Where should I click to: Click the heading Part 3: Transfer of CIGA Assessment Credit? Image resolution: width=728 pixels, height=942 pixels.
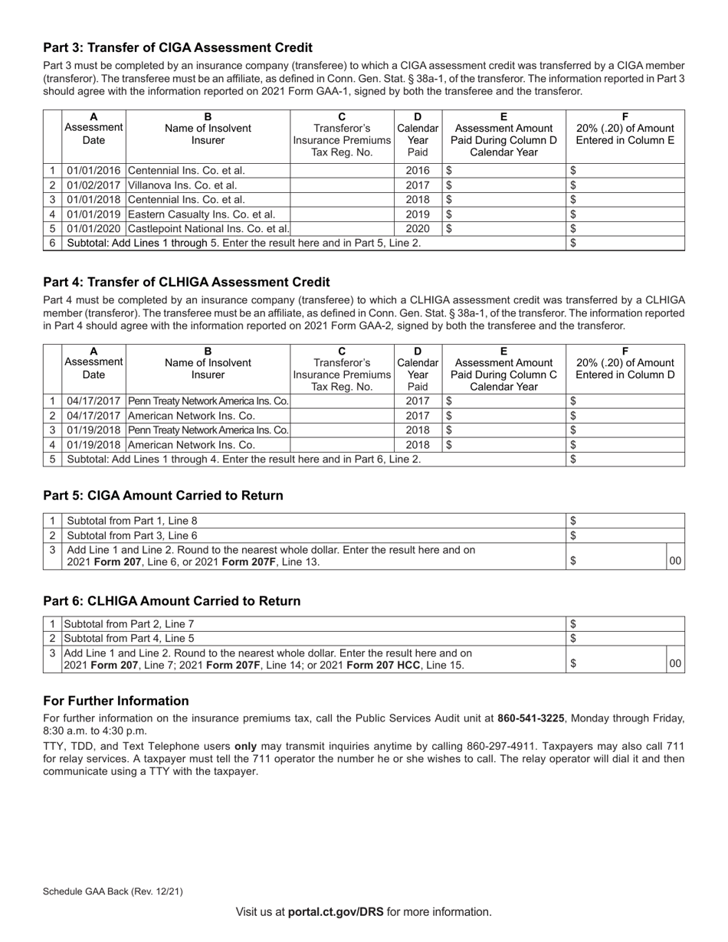177,47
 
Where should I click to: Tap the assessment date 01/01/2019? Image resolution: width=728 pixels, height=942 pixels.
93,214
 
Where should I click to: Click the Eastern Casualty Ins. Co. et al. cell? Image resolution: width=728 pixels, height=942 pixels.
202,214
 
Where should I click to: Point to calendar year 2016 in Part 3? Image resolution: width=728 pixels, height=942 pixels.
418,171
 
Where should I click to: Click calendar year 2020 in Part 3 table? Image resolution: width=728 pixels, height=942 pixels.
418,228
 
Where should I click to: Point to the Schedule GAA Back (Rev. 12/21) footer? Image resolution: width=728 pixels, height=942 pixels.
113,891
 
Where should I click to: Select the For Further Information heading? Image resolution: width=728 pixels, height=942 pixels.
116,701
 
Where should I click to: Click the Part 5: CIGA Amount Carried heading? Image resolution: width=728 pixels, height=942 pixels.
162,496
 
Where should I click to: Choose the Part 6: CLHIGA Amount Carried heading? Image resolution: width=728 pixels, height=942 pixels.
172,601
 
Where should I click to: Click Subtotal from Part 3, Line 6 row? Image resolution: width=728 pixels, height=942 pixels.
133,535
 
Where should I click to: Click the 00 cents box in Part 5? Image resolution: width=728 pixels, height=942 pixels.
675,561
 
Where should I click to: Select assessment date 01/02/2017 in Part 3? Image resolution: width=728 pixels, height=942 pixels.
93,185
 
